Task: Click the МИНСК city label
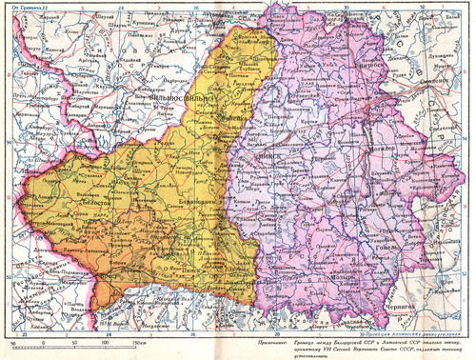pos(262,150)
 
